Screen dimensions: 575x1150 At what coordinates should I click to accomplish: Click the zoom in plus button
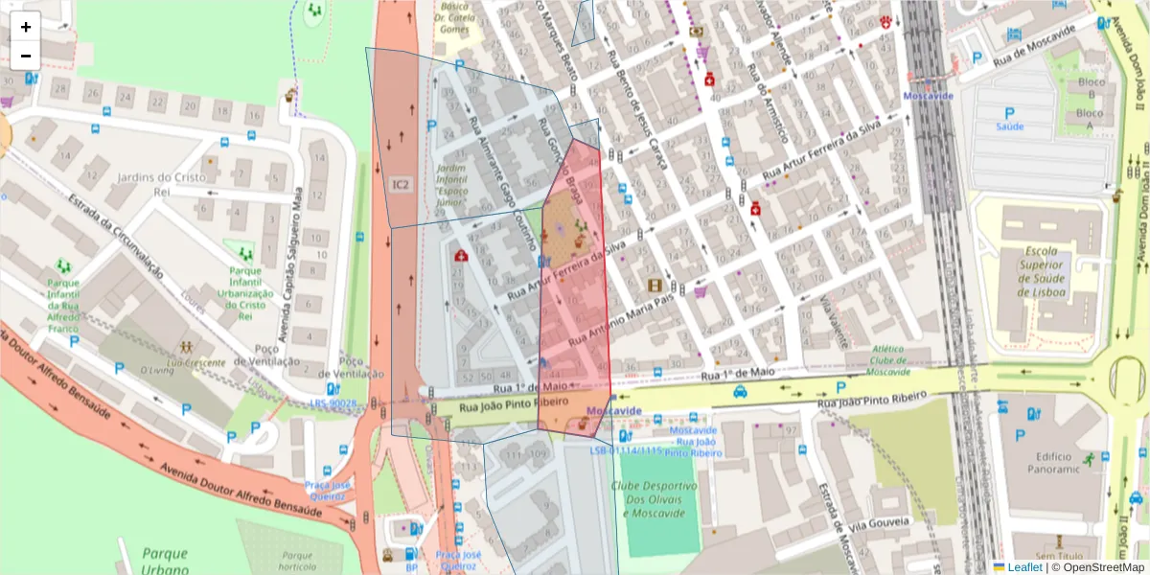pos(26,27)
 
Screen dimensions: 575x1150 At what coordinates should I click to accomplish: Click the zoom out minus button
pos(26,56)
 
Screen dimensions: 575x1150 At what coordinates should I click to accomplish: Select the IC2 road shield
pos(402,184)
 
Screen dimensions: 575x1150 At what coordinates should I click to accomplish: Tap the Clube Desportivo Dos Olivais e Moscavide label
pos(655,499)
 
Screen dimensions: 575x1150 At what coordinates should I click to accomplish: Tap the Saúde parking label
pos(1009,126)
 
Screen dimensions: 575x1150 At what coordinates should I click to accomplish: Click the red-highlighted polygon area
pos(575,316)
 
